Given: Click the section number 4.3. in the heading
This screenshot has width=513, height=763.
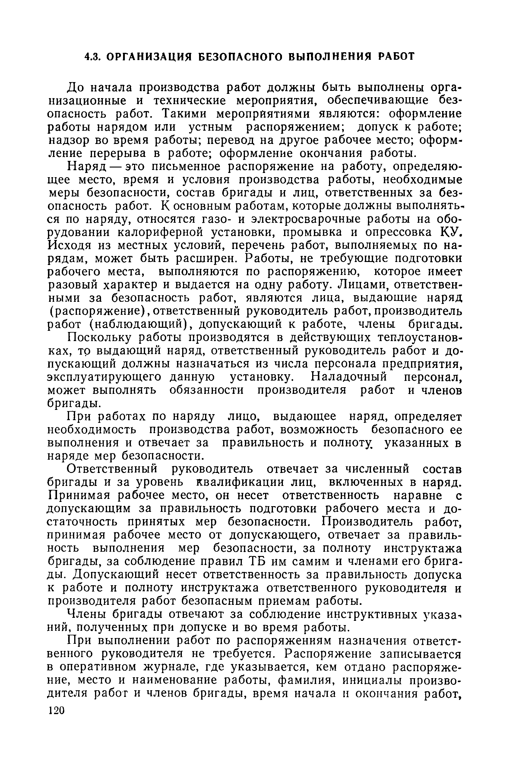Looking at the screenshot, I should (92, 56).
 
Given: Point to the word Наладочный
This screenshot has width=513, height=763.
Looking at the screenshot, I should (349, 377).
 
